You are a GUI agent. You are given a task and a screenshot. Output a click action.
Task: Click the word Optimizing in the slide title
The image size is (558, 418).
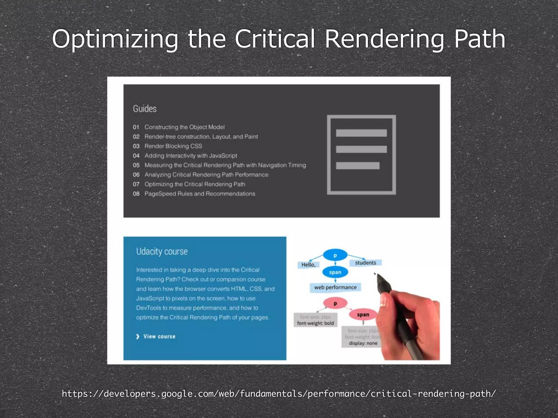115,39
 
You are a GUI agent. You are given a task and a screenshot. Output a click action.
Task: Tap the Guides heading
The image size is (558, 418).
145,109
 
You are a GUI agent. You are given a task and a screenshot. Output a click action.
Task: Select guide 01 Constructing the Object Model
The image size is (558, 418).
184,127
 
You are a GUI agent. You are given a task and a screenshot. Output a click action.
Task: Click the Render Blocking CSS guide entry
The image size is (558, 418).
173,146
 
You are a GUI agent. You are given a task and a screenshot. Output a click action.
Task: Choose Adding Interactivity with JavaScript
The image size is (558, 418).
191,156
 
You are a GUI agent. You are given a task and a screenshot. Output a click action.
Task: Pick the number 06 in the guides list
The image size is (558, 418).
136,175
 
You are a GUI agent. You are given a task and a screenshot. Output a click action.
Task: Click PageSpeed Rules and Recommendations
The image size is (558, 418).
200,194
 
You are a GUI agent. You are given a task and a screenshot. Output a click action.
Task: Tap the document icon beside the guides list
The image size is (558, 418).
361,155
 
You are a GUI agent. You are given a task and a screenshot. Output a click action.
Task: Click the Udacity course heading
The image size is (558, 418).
162,251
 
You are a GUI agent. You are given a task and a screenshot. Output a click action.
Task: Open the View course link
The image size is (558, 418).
159,337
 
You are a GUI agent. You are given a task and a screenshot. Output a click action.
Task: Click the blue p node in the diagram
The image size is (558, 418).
335,255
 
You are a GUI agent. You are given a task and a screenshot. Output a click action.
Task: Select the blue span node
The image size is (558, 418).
335,272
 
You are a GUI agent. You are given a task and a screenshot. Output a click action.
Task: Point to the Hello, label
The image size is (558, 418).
308,265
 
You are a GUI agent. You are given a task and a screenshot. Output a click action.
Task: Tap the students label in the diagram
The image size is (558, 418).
365,263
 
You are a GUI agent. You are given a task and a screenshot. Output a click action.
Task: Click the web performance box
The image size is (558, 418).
335,287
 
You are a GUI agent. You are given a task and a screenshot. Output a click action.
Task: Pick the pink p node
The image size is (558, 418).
335,303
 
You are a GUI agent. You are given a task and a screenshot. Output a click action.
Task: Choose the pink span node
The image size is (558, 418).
363,315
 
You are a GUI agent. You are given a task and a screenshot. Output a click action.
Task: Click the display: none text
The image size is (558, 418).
363,343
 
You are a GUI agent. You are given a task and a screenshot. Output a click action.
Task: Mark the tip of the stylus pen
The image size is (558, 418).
375,274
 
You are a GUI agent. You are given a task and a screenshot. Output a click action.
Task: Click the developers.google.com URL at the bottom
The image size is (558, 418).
279,394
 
